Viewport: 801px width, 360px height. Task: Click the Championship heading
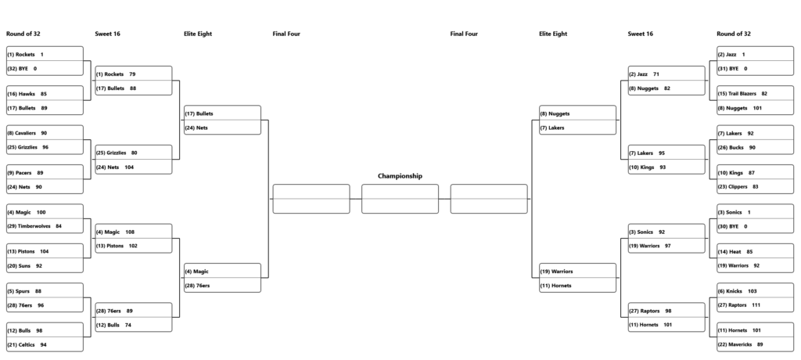[400, 176]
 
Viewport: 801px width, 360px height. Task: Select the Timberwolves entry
[34, 226]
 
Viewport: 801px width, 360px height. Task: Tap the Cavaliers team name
[25, 133]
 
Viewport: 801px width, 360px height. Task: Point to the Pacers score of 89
[41, 173]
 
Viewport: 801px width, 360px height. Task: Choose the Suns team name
[24, 266]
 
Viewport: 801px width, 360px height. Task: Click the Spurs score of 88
[38, 291]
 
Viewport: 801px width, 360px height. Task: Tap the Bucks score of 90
[753, 147]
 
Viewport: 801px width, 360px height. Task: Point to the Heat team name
[735, 251]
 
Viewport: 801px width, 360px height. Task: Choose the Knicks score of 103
[753, 291]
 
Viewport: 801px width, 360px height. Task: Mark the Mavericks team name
[740, 344]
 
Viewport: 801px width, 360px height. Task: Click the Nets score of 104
[129, 167]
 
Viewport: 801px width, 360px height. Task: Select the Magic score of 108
[131, 232]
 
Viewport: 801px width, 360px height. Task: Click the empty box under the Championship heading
[400, 199]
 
